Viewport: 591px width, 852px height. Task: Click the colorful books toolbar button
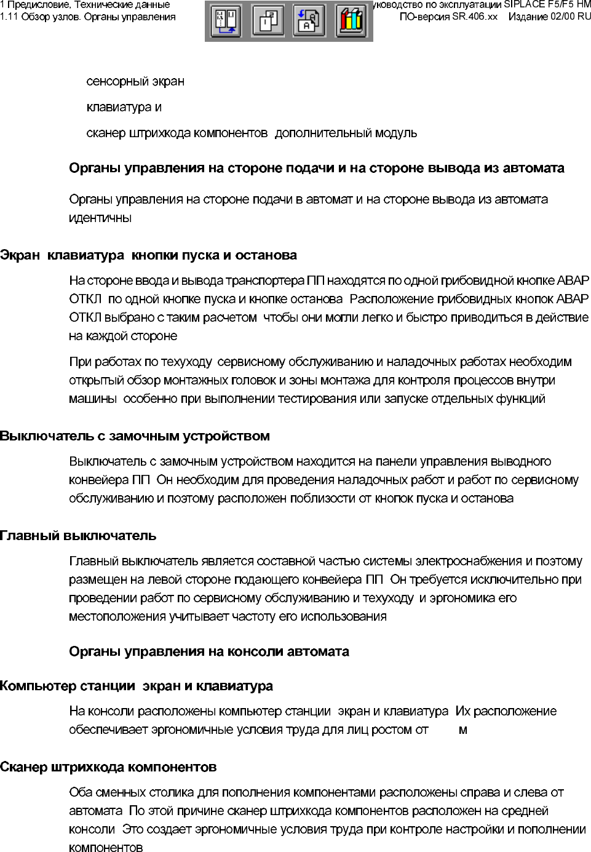pyautogui.click(x=352, y=21)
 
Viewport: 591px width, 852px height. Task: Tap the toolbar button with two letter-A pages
pyautogui.click(x=310, y=21)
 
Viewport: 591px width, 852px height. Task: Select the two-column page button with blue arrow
pyautogui.click(x=226, y=21)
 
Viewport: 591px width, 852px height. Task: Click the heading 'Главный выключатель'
pyautogui.click(x=78, y=535)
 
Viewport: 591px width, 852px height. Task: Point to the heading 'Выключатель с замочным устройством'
pyautogui.click(x=135, y=436)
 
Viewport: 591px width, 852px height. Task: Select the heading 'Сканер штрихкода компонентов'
pyautogui.click(x=108, y=767)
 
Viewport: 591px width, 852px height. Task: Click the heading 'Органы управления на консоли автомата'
pyautogui.click(x=209, y=651)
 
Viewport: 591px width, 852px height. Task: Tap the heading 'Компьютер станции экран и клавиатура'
pyautogui.click(x=137, y=686)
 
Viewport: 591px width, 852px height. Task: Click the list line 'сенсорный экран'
pyautogui.click(x=135, y=81)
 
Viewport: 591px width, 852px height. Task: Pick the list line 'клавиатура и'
pyautogui.click(x=124, y=107)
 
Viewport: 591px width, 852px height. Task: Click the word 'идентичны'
pyautogui.click(x=100, y=218)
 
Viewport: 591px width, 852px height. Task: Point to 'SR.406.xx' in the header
pyautogui.click(x=475, y=17)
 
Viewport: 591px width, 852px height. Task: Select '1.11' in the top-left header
pyautogui.click(x=9, y=17)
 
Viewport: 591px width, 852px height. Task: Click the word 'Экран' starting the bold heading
pyautogui.click(x=20, y=255)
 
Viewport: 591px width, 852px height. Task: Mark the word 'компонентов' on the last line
pyautogui.click(x=106, y=848)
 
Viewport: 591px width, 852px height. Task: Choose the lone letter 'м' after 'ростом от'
pyautogui.click(x=463, y=730)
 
